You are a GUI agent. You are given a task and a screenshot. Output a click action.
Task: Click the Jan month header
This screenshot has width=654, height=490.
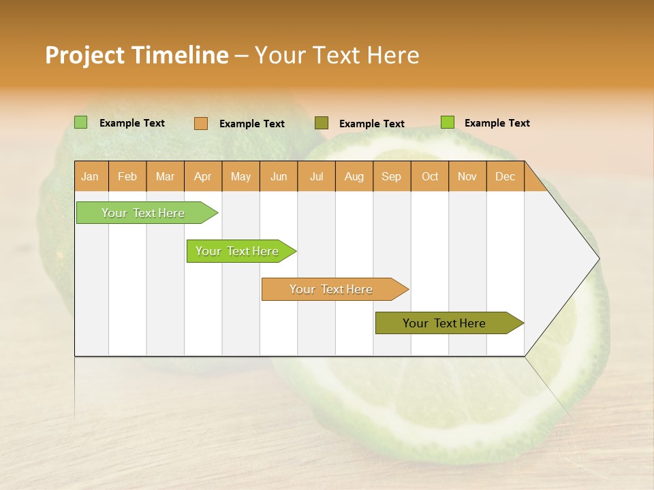pos(91,177)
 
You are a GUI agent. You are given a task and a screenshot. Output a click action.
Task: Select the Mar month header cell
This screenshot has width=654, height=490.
pos(165,177)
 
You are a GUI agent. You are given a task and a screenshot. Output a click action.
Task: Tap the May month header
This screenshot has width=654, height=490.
pos(240,177)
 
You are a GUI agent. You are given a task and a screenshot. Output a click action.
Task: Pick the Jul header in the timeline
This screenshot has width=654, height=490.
pos(316,177)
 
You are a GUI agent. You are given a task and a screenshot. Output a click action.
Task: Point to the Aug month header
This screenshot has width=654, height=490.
pos(354,177)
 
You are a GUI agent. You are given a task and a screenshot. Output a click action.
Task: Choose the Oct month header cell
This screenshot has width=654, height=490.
pos(430,177)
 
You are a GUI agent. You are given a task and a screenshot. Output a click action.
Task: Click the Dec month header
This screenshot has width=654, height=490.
pos(505,177)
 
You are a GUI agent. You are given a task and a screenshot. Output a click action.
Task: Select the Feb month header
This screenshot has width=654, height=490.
pos(127,177)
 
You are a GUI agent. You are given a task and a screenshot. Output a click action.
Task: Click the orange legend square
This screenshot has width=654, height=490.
pos(201,123)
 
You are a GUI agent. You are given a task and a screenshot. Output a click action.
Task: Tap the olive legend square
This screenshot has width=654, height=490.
pos(322,123)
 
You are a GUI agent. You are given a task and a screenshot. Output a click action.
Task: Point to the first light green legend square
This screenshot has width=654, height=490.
pos(81,122)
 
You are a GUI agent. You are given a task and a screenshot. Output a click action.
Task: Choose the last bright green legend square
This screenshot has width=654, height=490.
pos(448,122)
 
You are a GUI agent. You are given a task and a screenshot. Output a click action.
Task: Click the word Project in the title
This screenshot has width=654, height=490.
pos(85,55)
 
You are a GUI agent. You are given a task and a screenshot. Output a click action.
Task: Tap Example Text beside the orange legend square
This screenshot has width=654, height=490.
pos(251,124)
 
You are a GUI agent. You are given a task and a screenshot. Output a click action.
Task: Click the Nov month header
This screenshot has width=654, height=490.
pos(467,177)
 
